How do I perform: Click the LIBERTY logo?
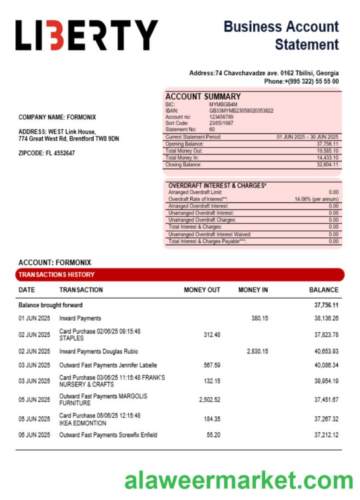[x=86, y=36]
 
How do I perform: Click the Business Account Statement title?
[x=281, y=35]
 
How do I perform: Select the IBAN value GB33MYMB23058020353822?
[x=241, y=111]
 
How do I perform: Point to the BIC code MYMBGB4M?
[x=223, y=104]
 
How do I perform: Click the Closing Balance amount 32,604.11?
[x=327, y=165]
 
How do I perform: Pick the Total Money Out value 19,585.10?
[x=327, y=150]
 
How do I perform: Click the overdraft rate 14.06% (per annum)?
[x=316, y=199]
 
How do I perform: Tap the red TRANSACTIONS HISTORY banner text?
[x=56, y=275]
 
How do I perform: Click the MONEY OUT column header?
[x=202, y=290]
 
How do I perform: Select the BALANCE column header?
[x=323, y=290]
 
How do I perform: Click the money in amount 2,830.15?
[x=257, y=351]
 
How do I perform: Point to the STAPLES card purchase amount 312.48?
[x=211, y=335]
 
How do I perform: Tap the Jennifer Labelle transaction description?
[x=108, y=365]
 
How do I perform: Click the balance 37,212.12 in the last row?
[x=326, y=435]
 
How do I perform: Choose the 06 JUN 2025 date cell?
[x=34, y=435]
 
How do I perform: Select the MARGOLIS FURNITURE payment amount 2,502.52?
[x=210, y=400]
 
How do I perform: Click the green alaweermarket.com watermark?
[x=239, y=480]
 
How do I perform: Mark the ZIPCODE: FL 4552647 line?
[x=47, y=153]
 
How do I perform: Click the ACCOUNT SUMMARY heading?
[x=203, y=96]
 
